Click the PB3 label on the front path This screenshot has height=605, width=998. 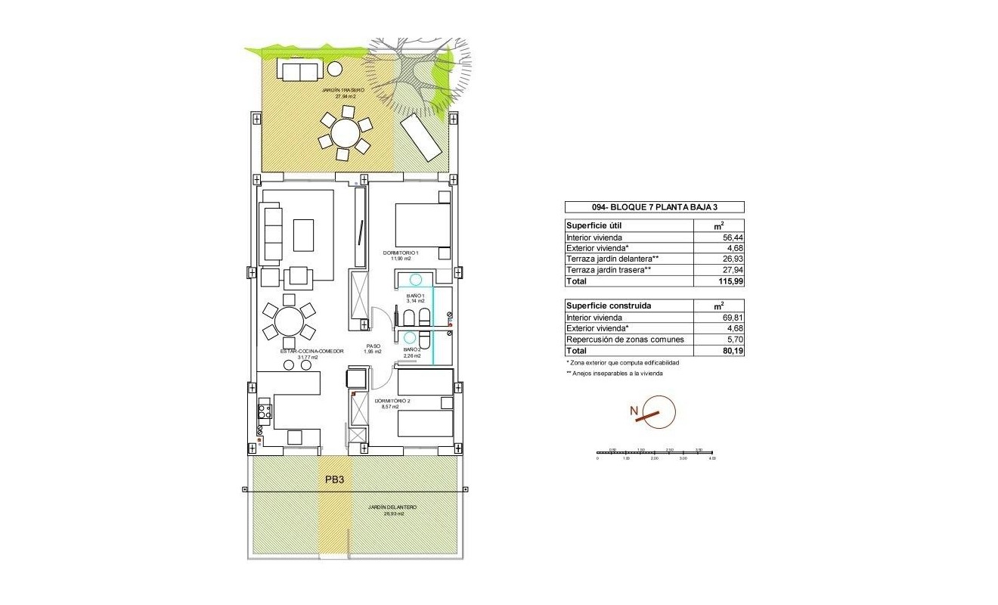click(335, 479)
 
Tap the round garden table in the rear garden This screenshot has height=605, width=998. click(346, 134)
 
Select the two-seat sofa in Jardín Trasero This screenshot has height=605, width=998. click(300, 71)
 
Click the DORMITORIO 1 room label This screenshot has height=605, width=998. click(405, 253)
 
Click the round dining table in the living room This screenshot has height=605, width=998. click(288, 321)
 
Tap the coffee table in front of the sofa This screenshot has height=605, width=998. click(304, 235)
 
